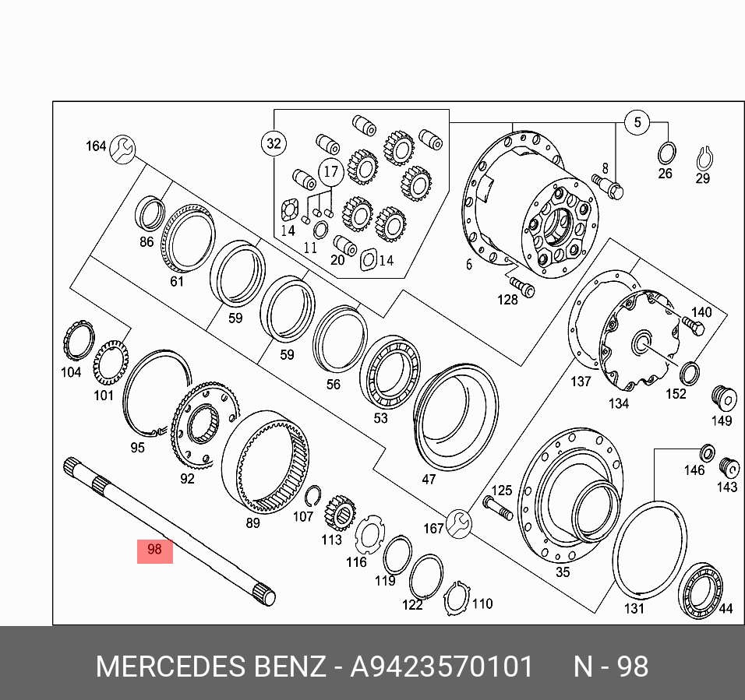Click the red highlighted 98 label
[154, 550]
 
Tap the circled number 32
[273, 143]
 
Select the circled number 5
[637, 122]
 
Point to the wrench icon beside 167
[459, 523]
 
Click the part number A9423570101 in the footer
[443, 667]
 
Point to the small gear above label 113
[340, 512]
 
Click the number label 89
[252, 523]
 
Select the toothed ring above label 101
[111, 361]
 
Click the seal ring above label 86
[150, 213]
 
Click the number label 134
[619, 403]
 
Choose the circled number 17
[331, 171]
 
